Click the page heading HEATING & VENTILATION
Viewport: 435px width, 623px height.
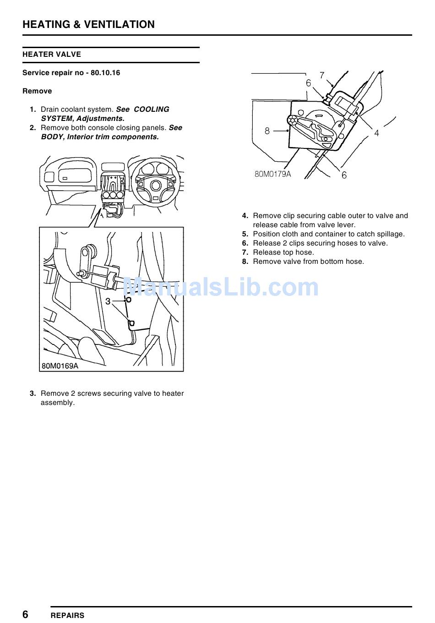pyautogui.click(x=88, y=25)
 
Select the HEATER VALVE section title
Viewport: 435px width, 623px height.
pyautogui.click(x=52, y=55)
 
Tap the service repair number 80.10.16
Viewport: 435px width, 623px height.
pyautogui.click(x=105, y=73)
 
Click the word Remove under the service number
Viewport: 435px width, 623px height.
pyautogui.click(x=37, y=91)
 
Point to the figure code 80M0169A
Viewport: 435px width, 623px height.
pyautogui.click(x=60, y=366)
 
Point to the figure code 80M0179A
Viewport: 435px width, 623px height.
pyautogui.click(x=272, y=174)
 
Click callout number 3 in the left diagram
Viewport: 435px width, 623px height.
pyautogui.click(x=108, y=301)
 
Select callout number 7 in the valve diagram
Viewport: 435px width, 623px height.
pyautogui.click(x=322, y=75)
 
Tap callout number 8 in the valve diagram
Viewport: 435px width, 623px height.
pyautogui.click(x=267, y=131)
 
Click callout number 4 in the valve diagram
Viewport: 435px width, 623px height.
pyautogui.click(x=376, y=133)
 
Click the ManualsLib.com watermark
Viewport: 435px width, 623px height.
pyautogui.click(x=221, y=287)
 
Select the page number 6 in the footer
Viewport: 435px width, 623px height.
pyautogui.click(x=26, y=614)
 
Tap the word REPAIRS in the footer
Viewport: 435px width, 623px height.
pyautogui.click(x=67, y=615)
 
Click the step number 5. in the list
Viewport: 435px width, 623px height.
pyautogui.click(x=245, y=234)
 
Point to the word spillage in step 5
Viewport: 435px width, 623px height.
pyautogui.click(x=390, y=234)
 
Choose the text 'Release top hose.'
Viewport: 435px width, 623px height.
pyautogui.click(x=283, y=252)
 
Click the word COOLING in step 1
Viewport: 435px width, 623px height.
pyautogui.click(x=151, y=109)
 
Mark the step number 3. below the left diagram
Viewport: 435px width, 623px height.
pyautogui.click(x=33, y=393)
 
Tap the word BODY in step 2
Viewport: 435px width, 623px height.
pyautogui.click(x=52, y=137)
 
